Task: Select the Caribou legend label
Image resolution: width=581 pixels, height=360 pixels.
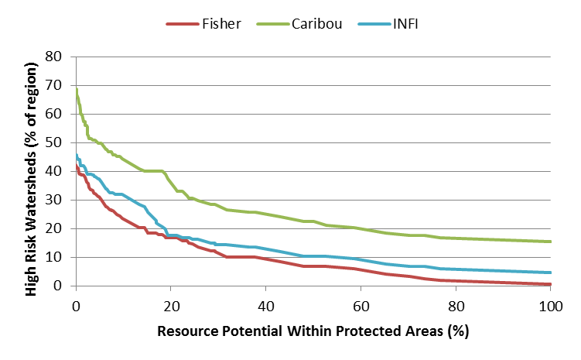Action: [x=320, y=23]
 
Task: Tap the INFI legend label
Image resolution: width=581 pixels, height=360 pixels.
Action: [x=402, y=23]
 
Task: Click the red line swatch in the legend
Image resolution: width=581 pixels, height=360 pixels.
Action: [x=182, y=23]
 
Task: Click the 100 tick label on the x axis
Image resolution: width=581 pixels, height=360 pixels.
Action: [x=550, y=306]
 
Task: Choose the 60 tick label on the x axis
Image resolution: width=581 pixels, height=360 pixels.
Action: [x=361, y=306]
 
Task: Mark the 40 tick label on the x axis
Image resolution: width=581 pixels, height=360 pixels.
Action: [x=265, y=306]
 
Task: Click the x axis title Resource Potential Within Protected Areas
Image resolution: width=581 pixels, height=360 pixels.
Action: [x=313, y=331]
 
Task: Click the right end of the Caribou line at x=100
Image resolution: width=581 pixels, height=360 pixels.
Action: [x=550, y=242]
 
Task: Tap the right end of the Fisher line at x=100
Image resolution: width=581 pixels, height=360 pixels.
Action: [x=550, y=284]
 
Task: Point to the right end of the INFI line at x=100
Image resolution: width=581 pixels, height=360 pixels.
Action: [x=550, y=273]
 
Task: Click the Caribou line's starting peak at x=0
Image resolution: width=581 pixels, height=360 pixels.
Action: [x=76, y=89]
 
